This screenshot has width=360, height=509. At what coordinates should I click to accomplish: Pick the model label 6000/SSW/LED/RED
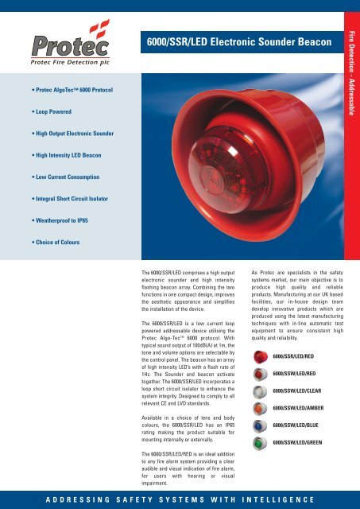pos(300,373)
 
